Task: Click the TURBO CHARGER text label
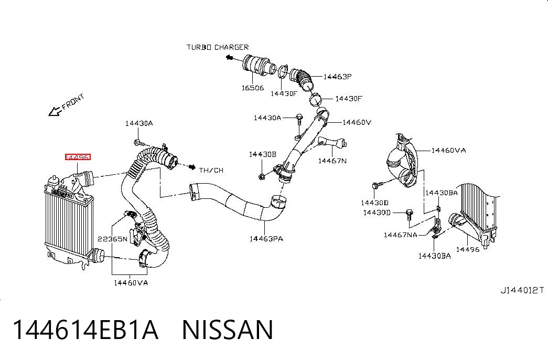coord(218,47)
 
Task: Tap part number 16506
coord(253,88)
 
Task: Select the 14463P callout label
coord(337,77)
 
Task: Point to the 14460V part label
coord(357,122)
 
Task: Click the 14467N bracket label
coord(332,161)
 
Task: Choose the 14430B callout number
coord(263,154)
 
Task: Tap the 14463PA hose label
coord(266,239)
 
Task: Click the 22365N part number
coord(113,239)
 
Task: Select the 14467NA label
coord(401,235)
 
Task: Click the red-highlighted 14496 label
coord(78,157)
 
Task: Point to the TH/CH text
coord(211,171)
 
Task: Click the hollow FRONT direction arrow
coord(55,112)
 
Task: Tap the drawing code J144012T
coord(522,290)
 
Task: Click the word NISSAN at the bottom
coord(228,330)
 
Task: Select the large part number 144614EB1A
coord(85,330)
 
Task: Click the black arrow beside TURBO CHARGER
coord(230,57)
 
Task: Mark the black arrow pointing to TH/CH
coord(192,167)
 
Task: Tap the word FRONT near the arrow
coord(73,101)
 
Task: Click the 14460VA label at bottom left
coord(131,283)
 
